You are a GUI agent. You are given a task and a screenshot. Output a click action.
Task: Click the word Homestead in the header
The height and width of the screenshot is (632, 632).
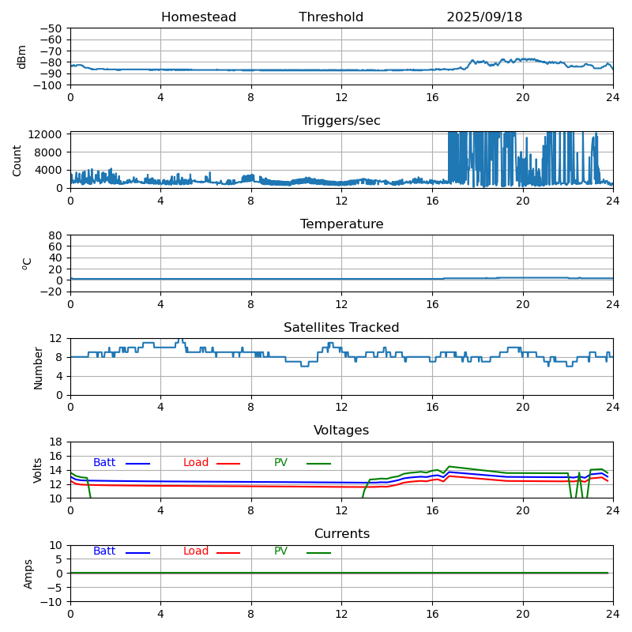198,17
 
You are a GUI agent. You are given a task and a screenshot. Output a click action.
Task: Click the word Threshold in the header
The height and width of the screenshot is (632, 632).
331,17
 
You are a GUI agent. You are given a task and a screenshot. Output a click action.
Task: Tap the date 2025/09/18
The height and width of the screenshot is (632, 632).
484,17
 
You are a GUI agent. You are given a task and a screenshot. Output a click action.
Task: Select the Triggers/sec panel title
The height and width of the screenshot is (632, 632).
341,121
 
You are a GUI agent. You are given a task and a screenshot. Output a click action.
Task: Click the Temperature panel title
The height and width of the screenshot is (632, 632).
341,224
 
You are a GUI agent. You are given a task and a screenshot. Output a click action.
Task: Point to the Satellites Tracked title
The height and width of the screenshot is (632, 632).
341,328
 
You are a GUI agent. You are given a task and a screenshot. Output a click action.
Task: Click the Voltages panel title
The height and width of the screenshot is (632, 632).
341,431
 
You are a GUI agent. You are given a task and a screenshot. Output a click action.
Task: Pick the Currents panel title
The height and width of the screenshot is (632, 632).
341,534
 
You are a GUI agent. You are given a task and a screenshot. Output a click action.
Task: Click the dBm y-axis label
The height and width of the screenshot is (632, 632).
22,56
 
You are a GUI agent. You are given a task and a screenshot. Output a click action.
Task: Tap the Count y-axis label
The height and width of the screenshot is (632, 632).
18,160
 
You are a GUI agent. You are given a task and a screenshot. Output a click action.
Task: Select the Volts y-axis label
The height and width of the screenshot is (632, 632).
38,470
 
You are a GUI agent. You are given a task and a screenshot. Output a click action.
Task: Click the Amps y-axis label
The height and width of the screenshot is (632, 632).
28,574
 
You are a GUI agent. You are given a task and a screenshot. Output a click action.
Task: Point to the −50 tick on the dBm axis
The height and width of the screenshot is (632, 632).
53,28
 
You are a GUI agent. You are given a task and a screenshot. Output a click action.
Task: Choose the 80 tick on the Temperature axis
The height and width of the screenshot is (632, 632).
58,235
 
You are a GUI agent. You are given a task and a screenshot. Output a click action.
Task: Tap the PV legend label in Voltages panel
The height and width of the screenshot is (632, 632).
281,463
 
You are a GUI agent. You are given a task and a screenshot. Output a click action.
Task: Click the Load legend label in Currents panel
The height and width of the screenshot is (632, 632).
196,551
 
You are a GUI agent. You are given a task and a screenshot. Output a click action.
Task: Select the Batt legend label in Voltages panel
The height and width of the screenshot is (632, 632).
104,463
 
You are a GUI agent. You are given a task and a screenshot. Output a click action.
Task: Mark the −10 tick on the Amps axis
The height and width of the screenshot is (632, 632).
53,601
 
